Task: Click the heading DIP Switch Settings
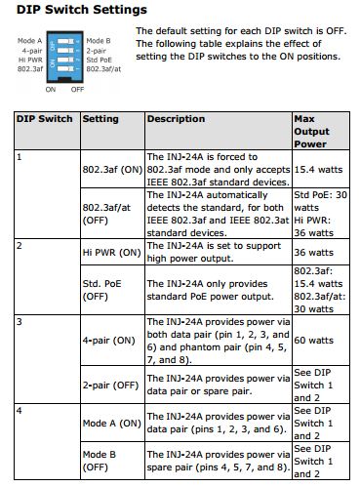[74, 10]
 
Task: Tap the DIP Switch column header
[44, 119]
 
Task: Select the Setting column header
[100, 119]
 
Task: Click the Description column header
[177, 119]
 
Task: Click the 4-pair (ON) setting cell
[108, 340]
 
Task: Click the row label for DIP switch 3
[20, 320]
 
